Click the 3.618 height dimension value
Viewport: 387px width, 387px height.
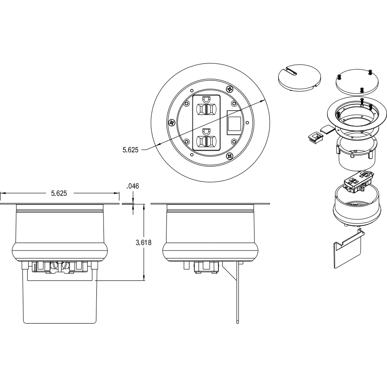[144, 243]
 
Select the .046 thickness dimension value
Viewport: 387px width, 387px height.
[133, 186]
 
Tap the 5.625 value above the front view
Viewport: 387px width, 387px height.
[59, 193]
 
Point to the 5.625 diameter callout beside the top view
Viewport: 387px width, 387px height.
[131, 150]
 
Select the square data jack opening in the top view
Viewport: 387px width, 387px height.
[234, 122]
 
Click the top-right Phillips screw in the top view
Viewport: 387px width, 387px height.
[230, 88]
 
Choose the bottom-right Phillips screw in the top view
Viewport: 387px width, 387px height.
[230, 155]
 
